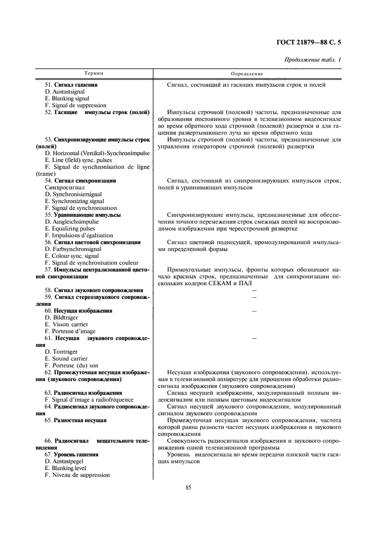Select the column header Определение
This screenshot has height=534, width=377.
tap(247, 74)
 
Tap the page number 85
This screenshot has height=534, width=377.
tap(188, 487)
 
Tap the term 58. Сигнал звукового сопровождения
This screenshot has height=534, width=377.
tap(94, 290)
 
